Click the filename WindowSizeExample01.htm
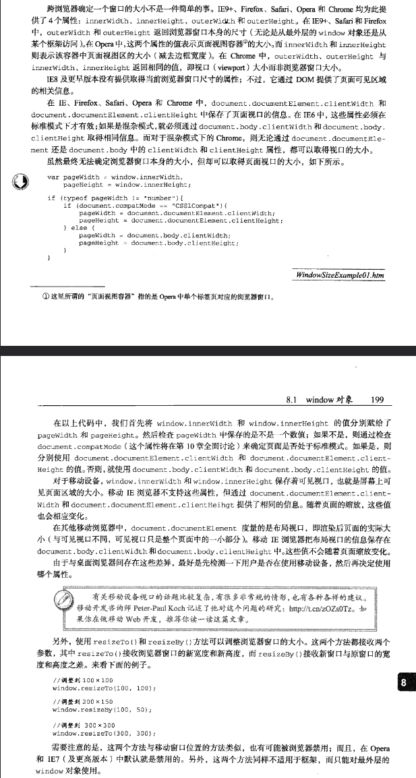(340, 276)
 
